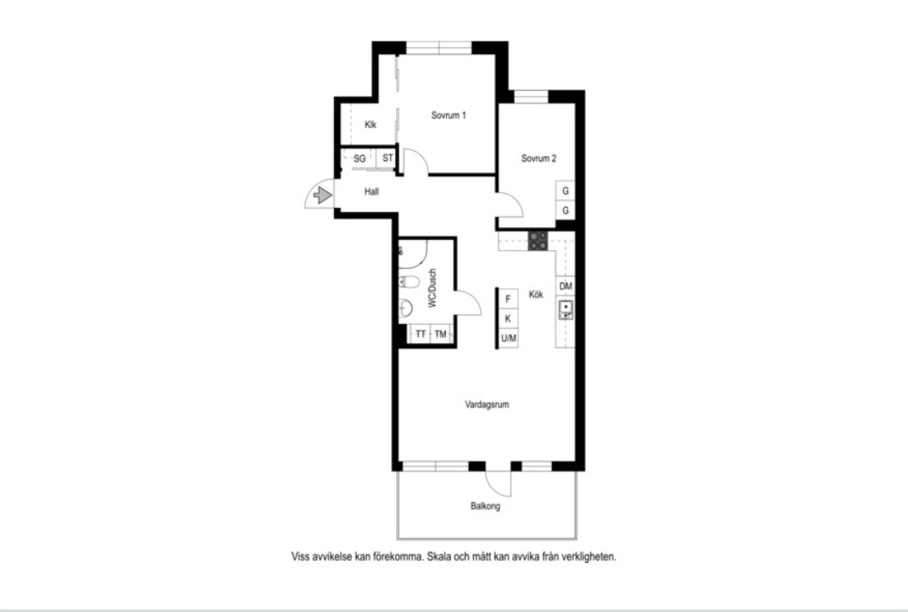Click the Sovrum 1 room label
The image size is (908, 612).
click(448, 115)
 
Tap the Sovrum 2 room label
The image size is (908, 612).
click(538, 158)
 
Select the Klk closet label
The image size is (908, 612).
click(370, 125)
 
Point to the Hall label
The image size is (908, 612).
click(372, 192)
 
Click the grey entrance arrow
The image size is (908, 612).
click(322, 195)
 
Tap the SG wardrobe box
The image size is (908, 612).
click(359, 158)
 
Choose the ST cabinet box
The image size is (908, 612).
click(387, 158)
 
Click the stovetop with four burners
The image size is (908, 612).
click(538, 241)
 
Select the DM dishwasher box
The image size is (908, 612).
click(565, 286)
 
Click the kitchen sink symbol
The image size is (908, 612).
click(565, 309)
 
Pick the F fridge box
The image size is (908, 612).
click(509, 298)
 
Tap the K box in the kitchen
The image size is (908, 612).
click(509, 319)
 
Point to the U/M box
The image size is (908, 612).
click(509, 338)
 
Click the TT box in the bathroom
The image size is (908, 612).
click(420, 335)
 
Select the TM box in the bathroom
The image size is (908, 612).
click(441, 335)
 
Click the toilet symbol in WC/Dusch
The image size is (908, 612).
click(409, 282)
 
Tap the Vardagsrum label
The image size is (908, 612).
click(487, 404)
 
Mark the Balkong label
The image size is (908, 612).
click(485, 506)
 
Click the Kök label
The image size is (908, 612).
click(536, 294)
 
